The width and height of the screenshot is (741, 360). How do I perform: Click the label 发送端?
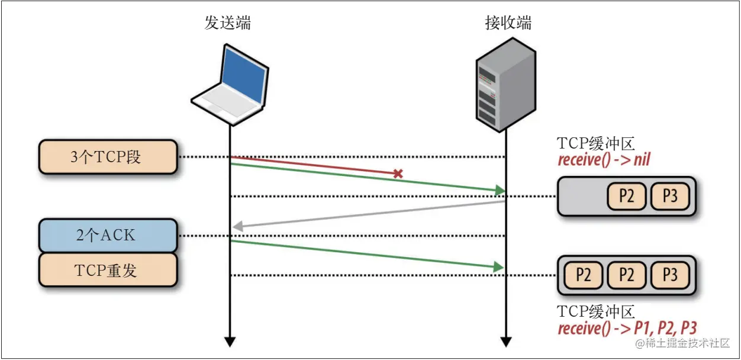coord(227,23)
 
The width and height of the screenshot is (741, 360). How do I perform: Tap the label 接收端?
coord(508,23)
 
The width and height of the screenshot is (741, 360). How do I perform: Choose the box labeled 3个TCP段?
coord(108,157)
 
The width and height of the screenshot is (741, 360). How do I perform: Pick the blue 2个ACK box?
coord(108,236)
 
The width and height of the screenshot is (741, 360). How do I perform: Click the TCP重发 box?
coord(108,271)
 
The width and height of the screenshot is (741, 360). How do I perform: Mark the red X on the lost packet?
coord(398,174)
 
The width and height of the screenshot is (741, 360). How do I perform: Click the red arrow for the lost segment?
coord(314,166)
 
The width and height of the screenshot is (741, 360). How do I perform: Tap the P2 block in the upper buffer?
coord(626,196)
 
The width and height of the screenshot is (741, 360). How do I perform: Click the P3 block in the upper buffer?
coord(670,196)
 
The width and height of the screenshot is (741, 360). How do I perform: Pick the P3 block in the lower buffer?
coord(670,275)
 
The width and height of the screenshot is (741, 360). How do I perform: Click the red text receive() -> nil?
coord(604,159)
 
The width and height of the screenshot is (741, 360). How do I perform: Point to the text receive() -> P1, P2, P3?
coord(627,328)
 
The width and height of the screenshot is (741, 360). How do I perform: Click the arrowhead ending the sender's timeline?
coord(230,342)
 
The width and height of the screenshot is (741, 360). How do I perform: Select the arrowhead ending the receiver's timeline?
coord(505,342)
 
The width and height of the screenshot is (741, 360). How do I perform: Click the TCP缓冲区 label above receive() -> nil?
coord(596,144)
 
